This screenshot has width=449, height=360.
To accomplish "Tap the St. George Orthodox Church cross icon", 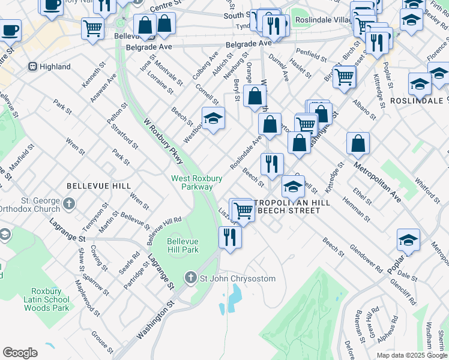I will pos(69,203).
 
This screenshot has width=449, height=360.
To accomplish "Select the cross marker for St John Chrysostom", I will pos(191,278).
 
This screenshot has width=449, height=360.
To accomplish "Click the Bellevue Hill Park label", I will pos(182,245).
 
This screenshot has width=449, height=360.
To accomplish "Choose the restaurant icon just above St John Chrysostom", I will pos(231,237).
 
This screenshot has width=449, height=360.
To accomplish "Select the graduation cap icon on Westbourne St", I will pos(213,119).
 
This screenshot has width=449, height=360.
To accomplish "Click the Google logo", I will pos(20,353).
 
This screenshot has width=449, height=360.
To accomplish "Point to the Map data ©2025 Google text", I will pos(411,355).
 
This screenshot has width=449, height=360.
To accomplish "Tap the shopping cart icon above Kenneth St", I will pos(92,28).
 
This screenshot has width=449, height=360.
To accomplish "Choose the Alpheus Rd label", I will pos(393,328).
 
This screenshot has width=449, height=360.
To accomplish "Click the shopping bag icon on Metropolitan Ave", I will pos(358,144).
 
